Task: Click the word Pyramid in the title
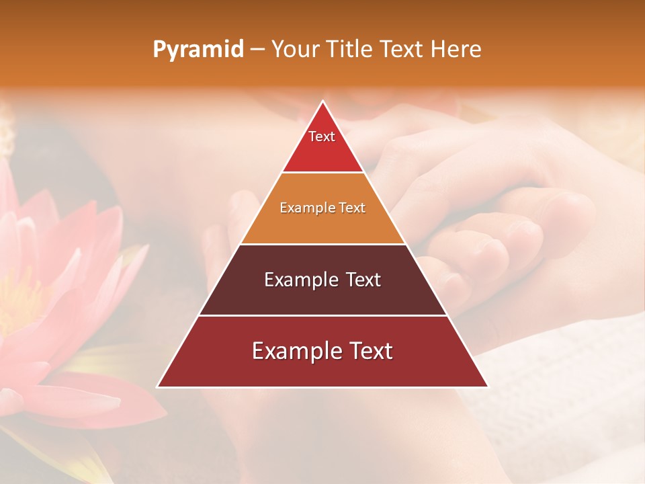[x=198, y=50]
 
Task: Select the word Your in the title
[x=296, y=50]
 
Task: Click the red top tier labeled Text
[x=322, y=145]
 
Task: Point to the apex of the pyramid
[x=322, y=102]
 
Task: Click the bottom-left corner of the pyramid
[x=159, y=387]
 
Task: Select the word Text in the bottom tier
[x=367, y=351]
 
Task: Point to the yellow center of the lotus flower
[x=17, y=302]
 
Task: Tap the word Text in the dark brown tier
[x=363, y=280]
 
